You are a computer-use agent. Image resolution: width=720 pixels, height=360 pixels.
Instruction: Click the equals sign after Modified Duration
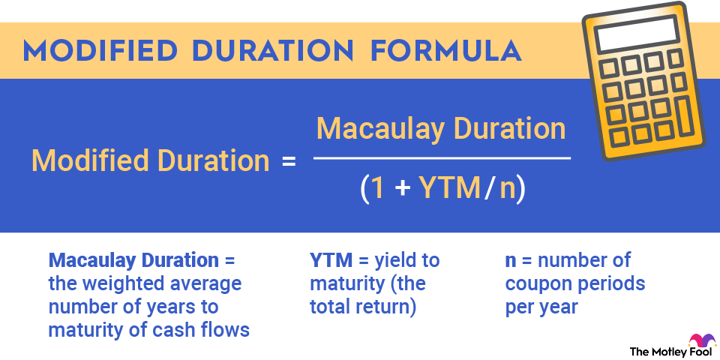tap(288, 161)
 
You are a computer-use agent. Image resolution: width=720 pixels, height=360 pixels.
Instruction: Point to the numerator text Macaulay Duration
tap(441, 129)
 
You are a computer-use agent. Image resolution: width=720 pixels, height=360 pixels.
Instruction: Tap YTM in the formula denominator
tap(439, 190)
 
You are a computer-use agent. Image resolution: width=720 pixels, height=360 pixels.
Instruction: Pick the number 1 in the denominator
tap(379, 190)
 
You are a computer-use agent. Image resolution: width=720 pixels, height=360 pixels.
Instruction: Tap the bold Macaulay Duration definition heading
tap(133, 261)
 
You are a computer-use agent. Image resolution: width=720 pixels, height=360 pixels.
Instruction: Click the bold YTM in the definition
tap(328, 261)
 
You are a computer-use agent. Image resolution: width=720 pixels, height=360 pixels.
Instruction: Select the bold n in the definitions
tap(511, 262)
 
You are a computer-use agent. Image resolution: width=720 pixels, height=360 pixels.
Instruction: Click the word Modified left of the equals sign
tap(83, 161)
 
